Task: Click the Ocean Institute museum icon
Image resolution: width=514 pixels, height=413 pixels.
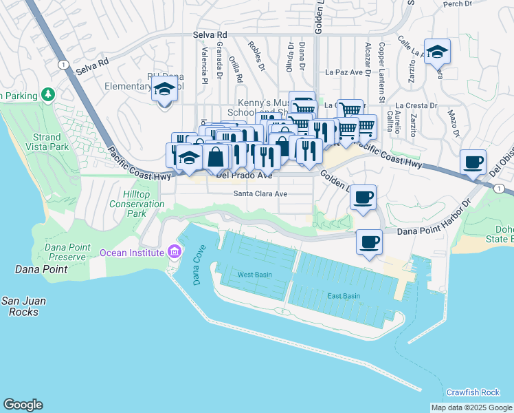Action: click(x=174, y=253)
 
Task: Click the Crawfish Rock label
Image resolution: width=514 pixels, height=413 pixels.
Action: click(x=473, y=392)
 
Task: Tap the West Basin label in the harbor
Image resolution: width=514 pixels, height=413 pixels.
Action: click(x=254, y=275)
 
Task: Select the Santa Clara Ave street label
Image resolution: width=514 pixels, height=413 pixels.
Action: click(x=260, y=194)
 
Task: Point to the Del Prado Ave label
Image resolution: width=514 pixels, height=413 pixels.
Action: click(x=244, y=176)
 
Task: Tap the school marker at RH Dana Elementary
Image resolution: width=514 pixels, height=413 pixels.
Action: click(x=164, y=89)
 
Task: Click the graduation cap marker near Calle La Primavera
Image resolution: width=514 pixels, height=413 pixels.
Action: click(x=436, y=52)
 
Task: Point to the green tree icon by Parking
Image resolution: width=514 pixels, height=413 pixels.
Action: click(x=47, y=94)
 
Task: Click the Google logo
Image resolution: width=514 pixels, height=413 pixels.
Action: click(x=23, y=405)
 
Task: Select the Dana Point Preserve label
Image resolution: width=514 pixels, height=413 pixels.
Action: click(x=65, y=252)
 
